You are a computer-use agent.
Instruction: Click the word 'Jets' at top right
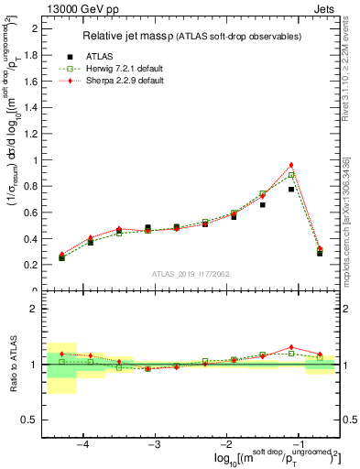click(325, 8)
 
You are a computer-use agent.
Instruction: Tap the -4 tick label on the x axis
click(82, 443)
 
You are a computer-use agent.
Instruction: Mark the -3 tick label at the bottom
click(154, 443)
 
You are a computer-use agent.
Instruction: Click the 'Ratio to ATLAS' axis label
click(12, 364)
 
